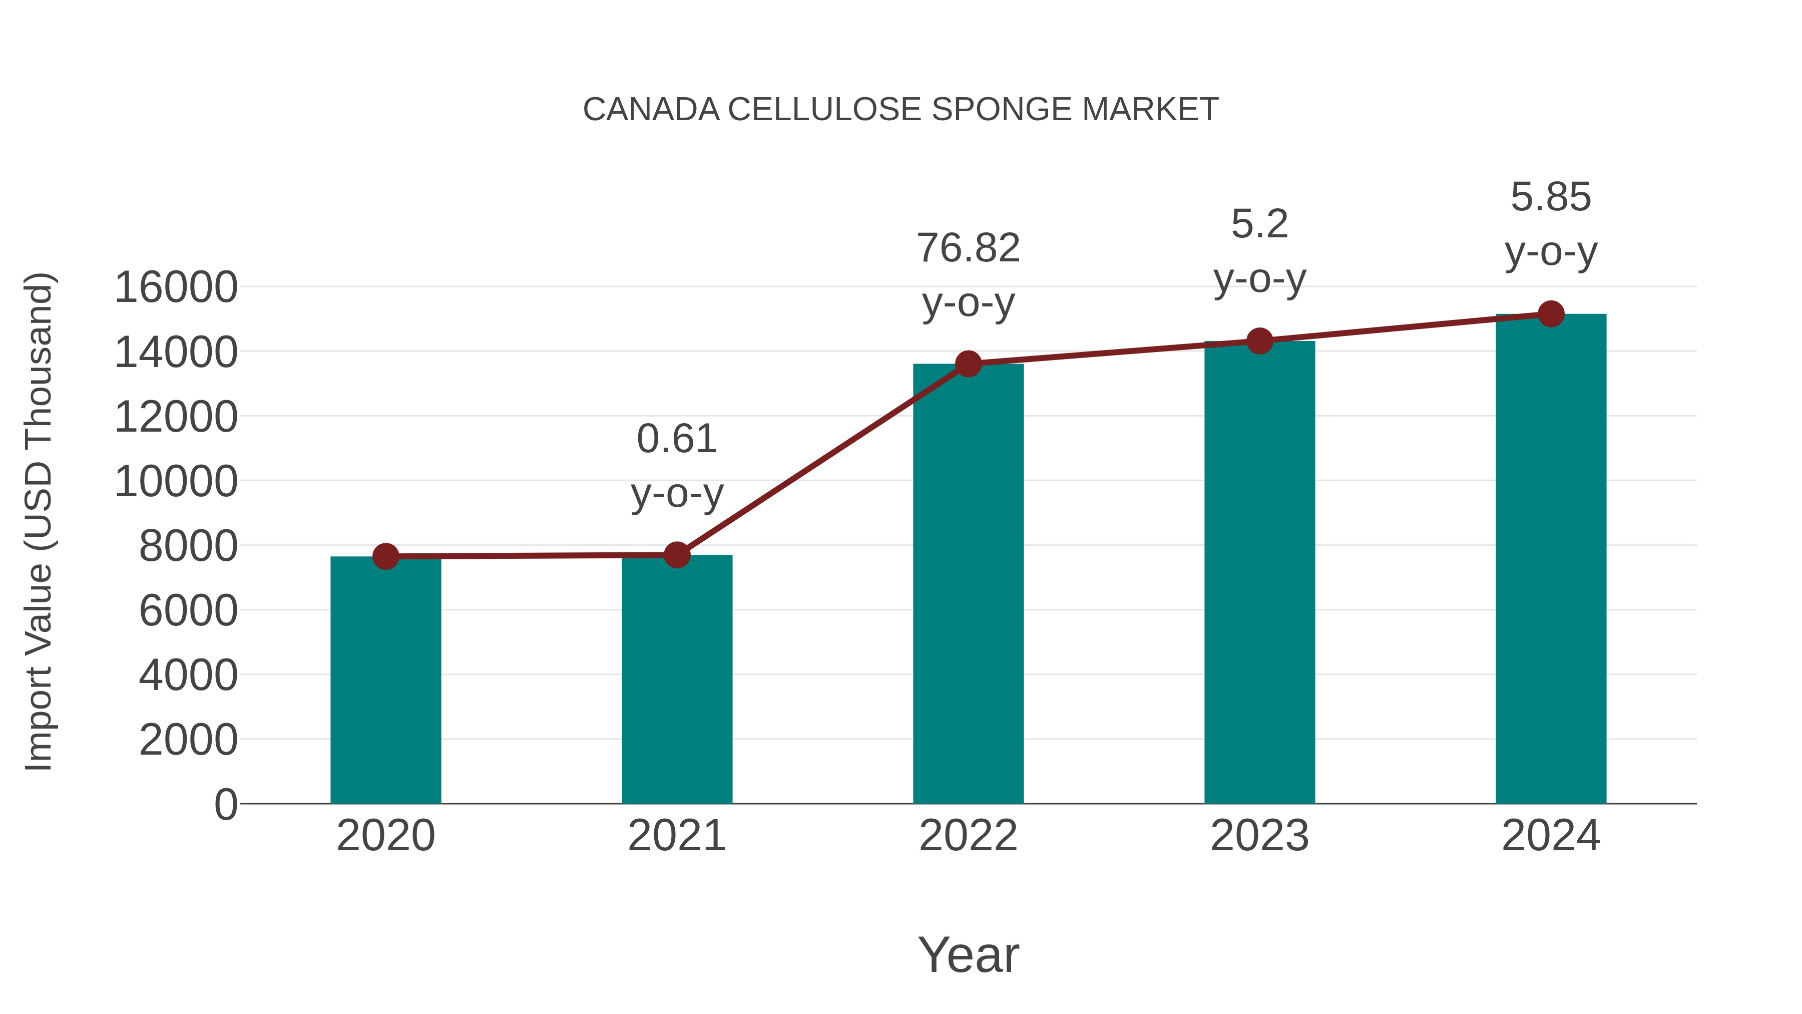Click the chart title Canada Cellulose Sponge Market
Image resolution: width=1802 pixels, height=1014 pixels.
coord(900,110)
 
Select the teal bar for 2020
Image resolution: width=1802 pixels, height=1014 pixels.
coord(385,686)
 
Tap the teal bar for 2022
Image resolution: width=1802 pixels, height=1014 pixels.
coord(968,595)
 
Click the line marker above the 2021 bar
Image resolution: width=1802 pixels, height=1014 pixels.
coord(676,555)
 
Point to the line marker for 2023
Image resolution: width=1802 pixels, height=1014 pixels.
coord(1259,341)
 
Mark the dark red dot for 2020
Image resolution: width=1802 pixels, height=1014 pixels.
coord(385,556)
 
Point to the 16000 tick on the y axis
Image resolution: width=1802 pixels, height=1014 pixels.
coord(176,287)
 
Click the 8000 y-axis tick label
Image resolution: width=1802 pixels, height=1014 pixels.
coord(188,546)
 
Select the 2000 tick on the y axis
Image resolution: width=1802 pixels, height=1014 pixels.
coord(188,740)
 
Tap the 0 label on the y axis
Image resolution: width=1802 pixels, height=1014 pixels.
coord(225,804)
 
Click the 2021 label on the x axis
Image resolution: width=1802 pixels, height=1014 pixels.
coord(676,836)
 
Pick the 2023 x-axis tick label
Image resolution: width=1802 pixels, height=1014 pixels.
coord(1259,836)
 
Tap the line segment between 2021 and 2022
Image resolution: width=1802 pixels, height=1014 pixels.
coord(822,459)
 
